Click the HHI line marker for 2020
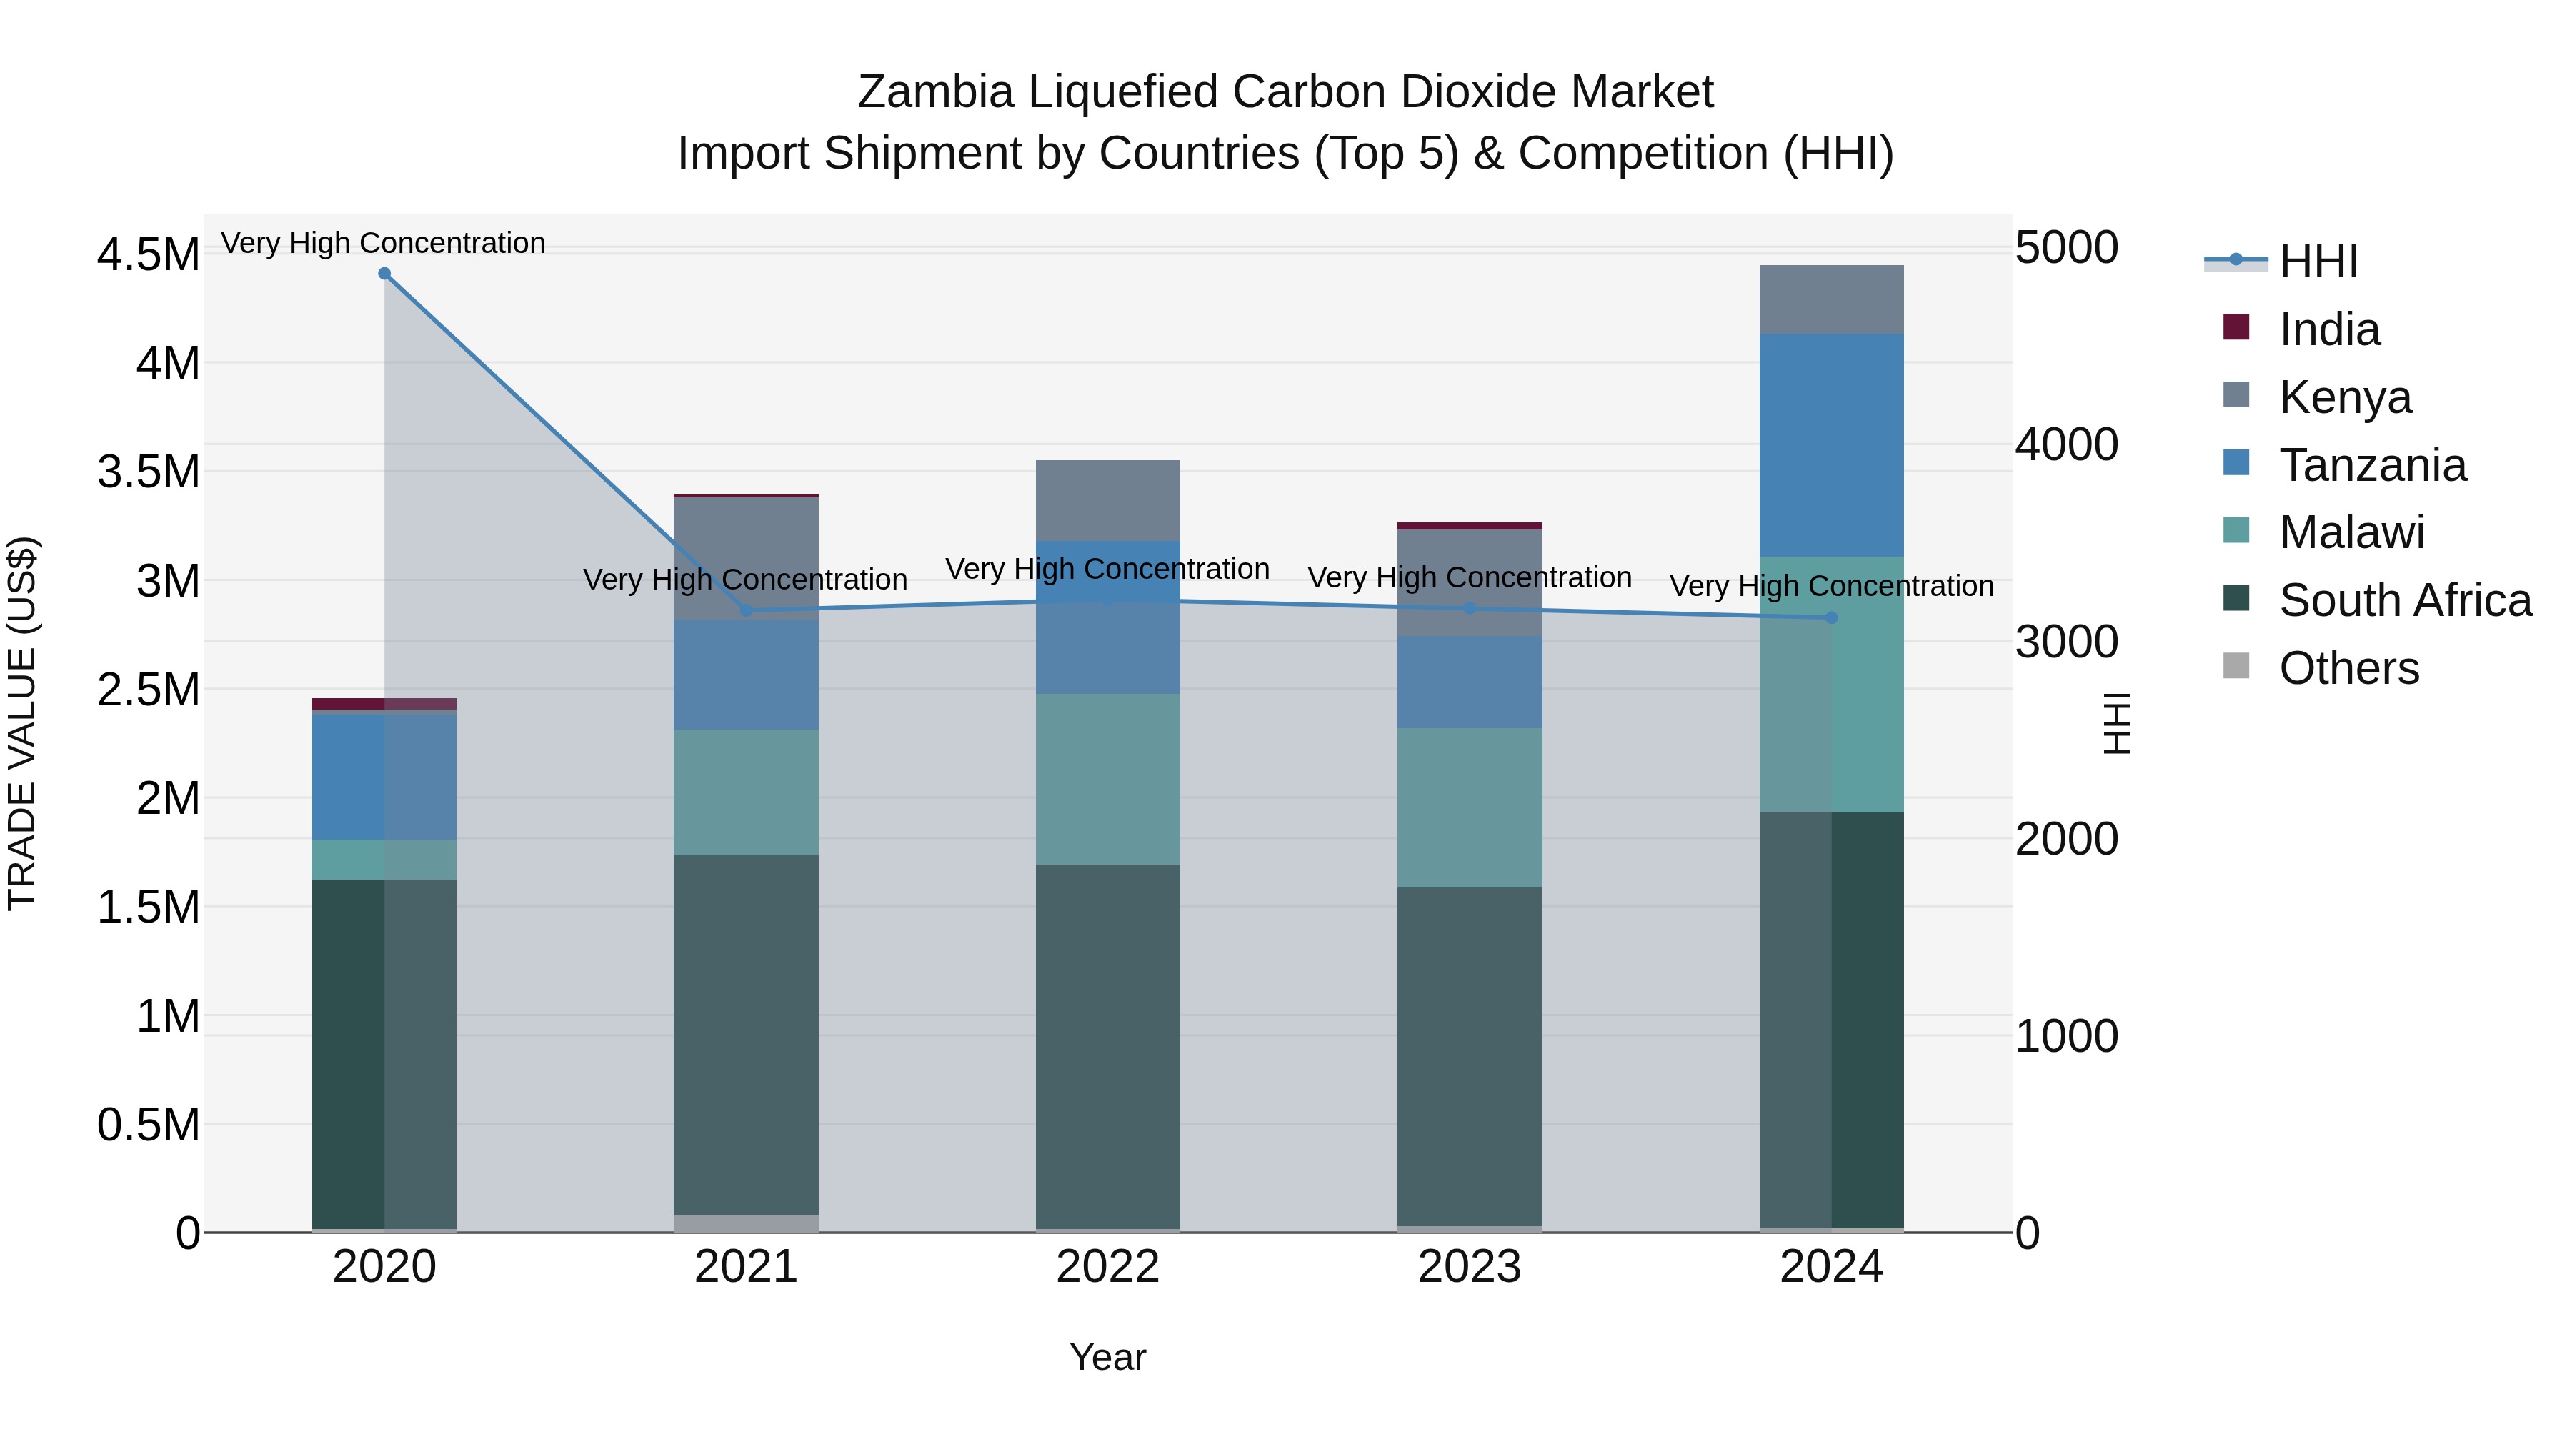(x=384, y=274)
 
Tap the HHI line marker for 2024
(x=1831, y=618)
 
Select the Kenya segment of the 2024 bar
(x=1831, y=299)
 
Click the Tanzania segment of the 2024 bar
(x=1831, y=445)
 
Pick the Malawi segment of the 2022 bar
(x=1107, y=779)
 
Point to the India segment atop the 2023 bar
(x=1469, y=525)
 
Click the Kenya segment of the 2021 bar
(x=746, y=557)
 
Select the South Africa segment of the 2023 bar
(x=1469, y=1057)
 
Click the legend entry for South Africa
(x=2404, y=600)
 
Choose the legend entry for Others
(x=2348, y=668)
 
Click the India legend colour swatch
(x=2236, y=327)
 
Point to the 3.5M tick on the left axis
(x=148, y=472)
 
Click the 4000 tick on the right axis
(x=2065, y=444)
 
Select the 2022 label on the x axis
(x=1107, y=1267)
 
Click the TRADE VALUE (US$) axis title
(x=22, y=723)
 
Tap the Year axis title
(x=1107, y=1357)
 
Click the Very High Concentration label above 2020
(x=384, y=243)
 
